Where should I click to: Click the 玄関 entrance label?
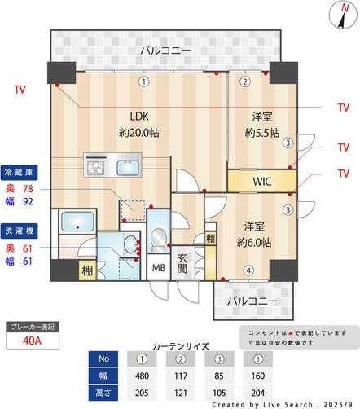coord(182,262)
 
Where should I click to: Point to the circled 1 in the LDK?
coord(143,81)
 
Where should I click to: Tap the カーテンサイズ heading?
coord(181,345)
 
